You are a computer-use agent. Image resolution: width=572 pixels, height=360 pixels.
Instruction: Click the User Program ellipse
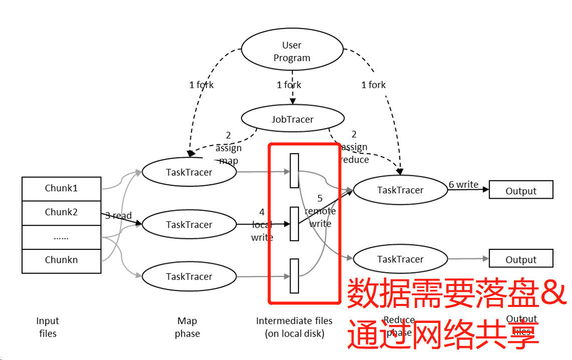[292, 52]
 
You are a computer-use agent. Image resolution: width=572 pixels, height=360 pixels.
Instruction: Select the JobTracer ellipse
[293, 119]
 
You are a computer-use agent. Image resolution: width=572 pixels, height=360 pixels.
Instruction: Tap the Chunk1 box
[62, 188]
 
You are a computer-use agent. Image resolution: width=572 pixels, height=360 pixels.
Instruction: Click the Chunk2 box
[62, 212]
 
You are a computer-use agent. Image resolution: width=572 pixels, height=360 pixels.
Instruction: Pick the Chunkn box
[62, 260]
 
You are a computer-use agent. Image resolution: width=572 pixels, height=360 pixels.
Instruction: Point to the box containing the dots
[62, 237]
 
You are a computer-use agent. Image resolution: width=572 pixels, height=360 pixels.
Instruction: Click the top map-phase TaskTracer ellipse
[189, 172]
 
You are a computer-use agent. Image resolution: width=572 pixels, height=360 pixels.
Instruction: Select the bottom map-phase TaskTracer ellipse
[189, 276]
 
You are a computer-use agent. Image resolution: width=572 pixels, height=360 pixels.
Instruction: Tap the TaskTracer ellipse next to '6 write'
[400, 190]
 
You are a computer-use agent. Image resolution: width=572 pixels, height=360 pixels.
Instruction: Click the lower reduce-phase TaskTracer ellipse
[400, 259]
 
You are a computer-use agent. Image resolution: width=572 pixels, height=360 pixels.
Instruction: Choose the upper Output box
[521, 191]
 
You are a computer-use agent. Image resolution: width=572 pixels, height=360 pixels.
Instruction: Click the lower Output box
[521, 259]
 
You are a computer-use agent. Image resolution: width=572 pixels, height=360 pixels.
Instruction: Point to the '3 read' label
[118, 216]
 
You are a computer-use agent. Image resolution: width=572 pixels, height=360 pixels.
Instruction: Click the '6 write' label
[463, 185]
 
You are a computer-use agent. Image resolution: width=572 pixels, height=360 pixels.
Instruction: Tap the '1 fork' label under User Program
[289, 85]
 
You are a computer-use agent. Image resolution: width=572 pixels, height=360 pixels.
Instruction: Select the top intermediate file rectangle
[295, 171]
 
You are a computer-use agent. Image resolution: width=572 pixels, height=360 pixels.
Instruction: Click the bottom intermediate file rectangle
[295, 276]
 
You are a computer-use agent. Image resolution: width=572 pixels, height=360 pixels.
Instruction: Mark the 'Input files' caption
[48, 327]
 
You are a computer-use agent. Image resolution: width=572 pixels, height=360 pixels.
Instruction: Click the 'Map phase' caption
[187, 327]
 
